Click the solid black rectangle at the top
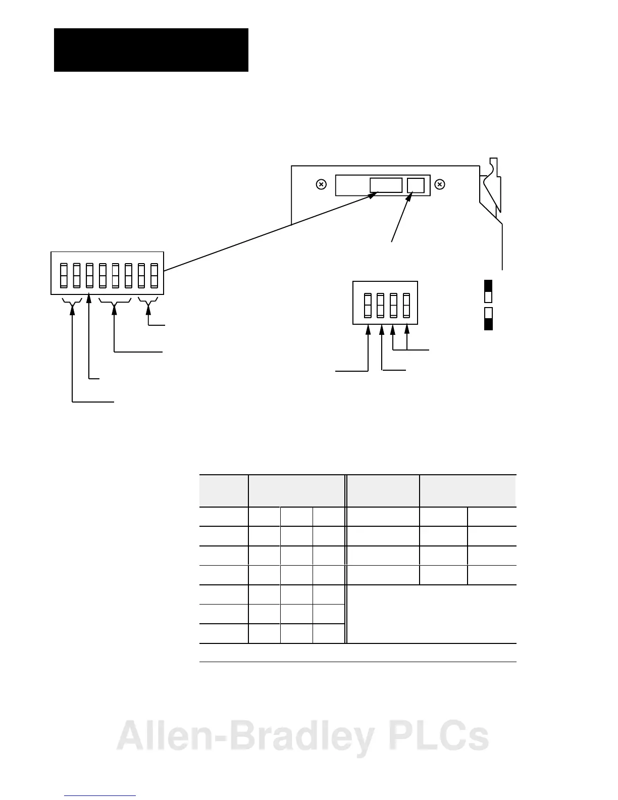pyautogui.click(x=151, y=50)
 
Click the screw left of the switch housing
pyautogui.click(x=321, y=185)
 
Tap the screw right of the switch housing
pyautogui.click(x=440, y=185)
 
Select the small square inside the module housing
pyautogui.click(x=416, y=185)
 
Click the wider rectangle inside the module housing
pyautogui.click(x=386, y=185)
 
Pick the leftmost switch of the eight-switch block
pyautogui.click(x=64, y=275)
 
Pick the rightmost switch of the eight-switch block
pyautogui.click(x=154, y=275)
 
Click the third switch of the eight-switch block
pyautogui.click(x=89, y=275)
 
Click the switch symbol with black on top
pyautogui.click(x=488, y=291)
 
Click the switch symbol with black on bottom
pyautogui.click(x=488, y=318)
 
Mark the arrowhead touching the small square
pyautogui.click(x=409, y=195)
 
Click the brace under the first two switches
pyautogui.click(x=72, y=303)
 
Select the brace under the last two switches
pyautogui.click(x=148, y=303)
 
